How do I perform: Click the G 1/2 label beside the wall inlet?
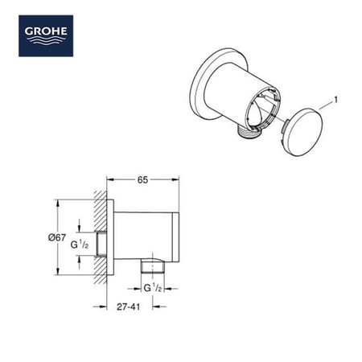pyautogui.click(x=81, y=243)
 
